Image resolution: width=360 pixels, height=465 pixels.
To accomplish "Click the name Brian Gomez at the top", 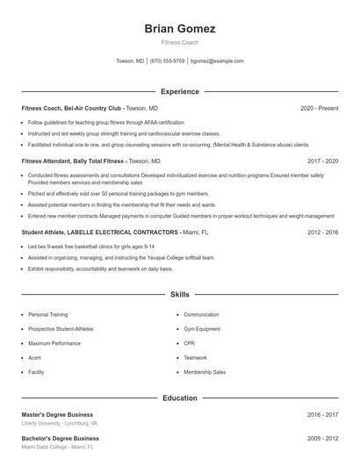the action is pyautogui.click(x=179, y=28).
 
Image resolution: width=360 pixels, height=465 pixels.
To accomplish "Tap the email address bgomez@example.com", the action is pyautogui.click(x=217, y=61).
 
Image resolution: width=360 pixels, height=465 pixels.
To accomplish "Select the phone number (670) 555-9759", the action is pyautogui.click(x=168, y=61).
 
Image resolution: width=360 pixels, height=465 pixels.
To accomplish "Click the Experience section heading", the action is pyautogui.click(x=179, y=91).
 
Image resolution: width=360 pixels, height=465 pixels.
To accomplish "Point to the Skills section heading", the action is pyautogui.click(x=179, y=295).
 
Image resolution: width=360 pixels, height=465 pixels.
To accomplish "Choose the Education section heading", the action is pyautogui.click(x=179, y=397).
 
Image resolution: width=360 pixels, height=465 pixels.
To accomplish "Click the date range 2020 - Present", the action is pyautogui.click(x=319, y=108).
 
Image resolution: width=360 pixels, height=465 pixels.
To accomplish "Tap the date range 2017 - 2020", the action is pyautogui.click(x=322, y=161).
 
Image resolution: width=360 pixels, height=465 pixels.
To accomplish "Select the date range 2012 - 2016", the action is pyautogui.click(x=322, y=232).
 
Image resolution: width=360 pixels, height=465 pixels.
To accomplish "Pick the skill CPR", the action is pyautogui.click(x=190, y=343).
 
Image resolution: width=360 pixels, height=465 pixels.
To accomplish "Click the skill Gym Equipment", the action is pyautogui.click(x=201, y=328).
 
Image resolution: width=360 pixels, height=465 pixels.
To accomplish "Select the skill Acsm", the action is pyautogui.click(x=34, y=358).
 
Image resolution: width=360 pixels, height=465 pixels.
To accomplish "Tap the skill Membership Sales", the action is pyautogui.click(x=205, y=372).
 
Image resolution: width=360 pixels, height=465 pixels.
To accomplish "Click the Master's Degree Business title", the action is pyautogui.click(x=57, y=414).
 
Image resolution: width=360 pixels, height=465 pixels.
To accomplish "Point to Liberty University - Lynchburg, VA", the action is pyautogui.click(x=60, y=423).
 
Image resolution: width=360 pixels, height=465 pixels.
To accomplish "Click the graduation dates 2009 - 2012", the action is pyautogui.click(x=322, y=438).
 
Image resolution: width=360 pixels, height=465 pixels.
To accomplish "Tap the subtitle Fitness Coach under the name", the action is pyautogui.click(x=179, y=41).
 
